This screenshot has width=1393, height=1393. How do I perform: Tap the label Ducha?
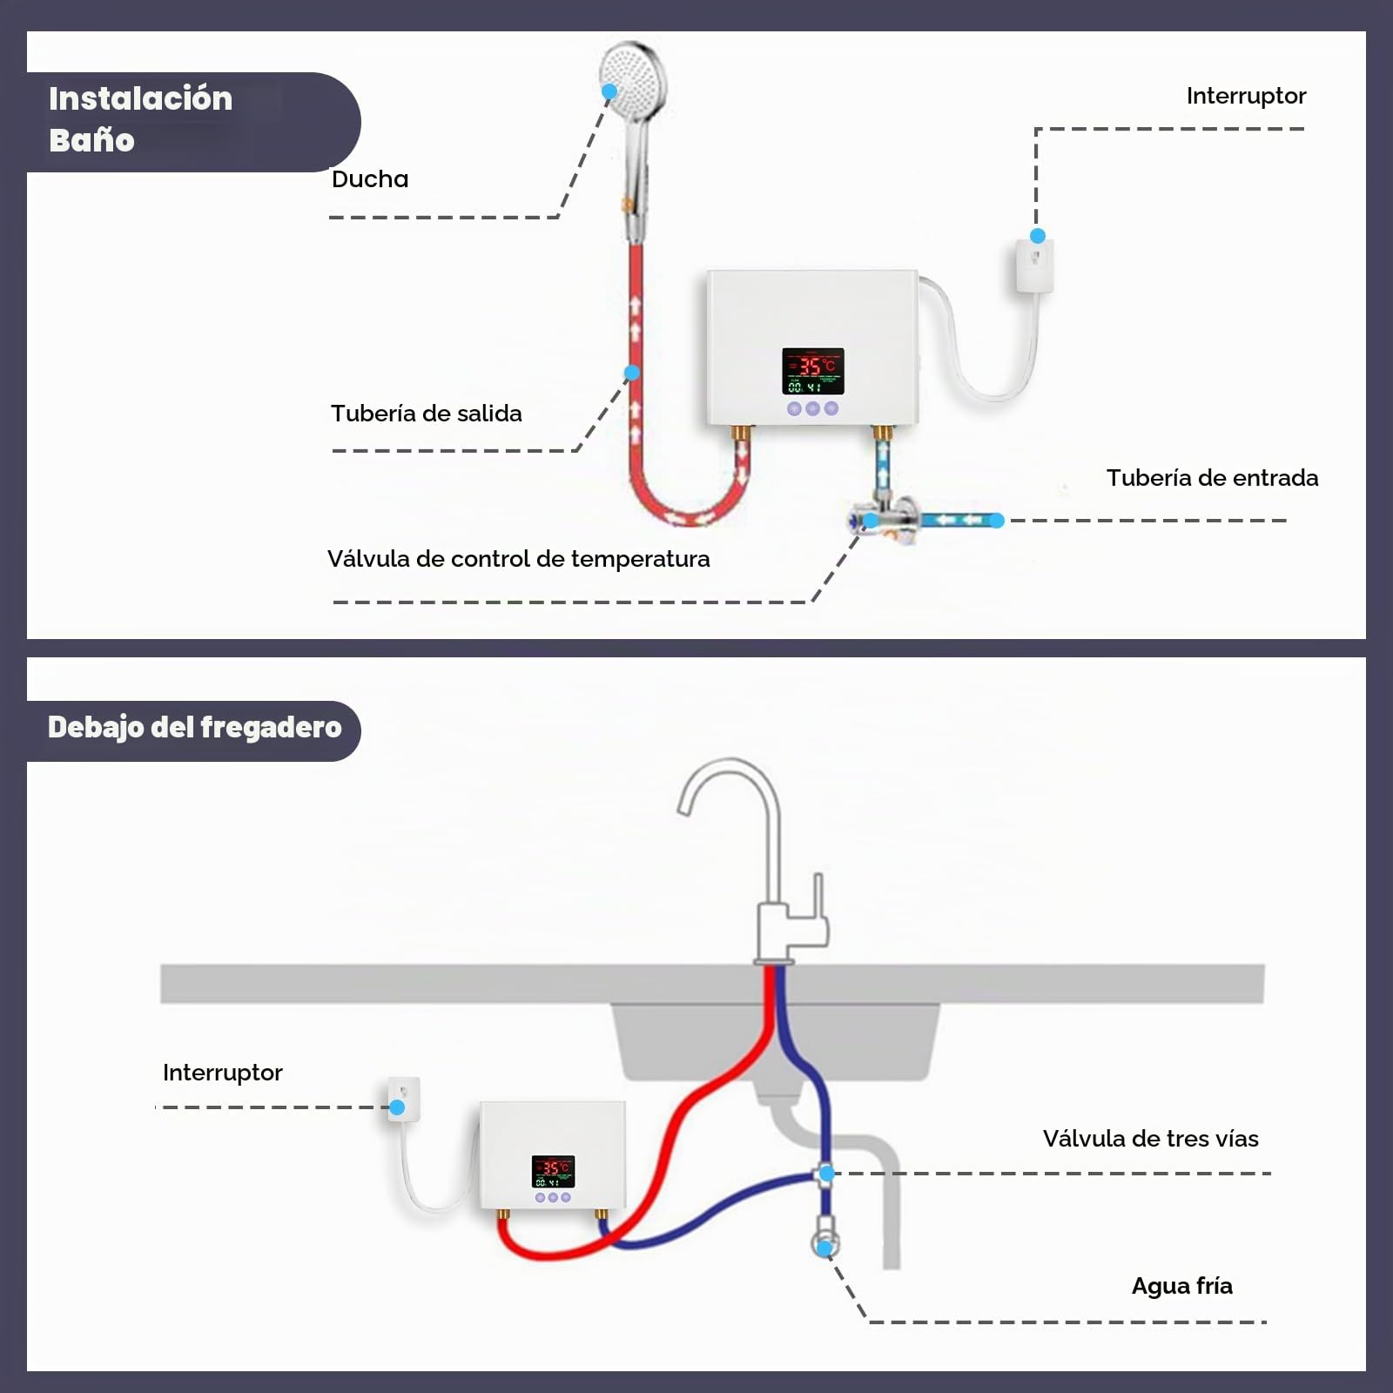(x=370, y=179)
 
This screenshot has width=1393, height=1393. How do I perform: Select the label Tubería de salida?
(x=427, y=414)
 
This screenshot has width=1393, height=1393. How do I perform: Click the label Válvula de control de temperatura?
(x=519, y=559)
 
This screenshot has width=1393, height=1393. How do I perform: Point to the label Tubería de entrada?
(x=1213, y=478)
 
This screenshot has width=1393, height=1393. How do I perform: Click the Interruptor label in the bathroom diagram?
(x=1246, y=96)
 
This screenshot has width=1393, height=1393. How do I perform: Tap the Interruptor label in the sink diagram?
(x=223, y=1073)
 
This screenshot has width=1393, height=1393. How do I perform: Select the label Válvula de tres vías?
(x=1151, y=1139)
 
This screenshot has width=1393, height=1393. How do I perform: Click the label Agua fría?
(x=1182, y=1286)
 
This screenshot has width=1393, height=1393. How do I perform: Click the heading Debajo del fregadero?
(x=195, y=728)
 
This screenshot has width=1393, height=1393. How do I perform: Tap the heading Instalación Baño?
(x=141, y=119)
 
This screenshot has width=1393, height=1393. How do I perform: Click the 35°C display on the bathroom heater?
(x=813, y=371)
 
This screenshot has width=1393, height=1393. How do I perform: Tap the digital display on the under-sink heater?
(x=553, y=1172)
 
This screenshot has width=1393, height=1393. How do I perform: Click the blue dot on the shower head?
(x=609, y=91)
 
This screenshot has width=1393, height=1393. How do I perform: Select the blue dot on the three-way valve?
(x=827, y=1174)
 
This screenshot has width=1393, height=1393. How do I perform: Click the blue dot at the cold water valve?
(x=824, y=1248)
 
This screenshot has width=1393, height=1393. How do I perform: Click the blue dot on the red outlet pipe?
(x=632, y=373)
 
